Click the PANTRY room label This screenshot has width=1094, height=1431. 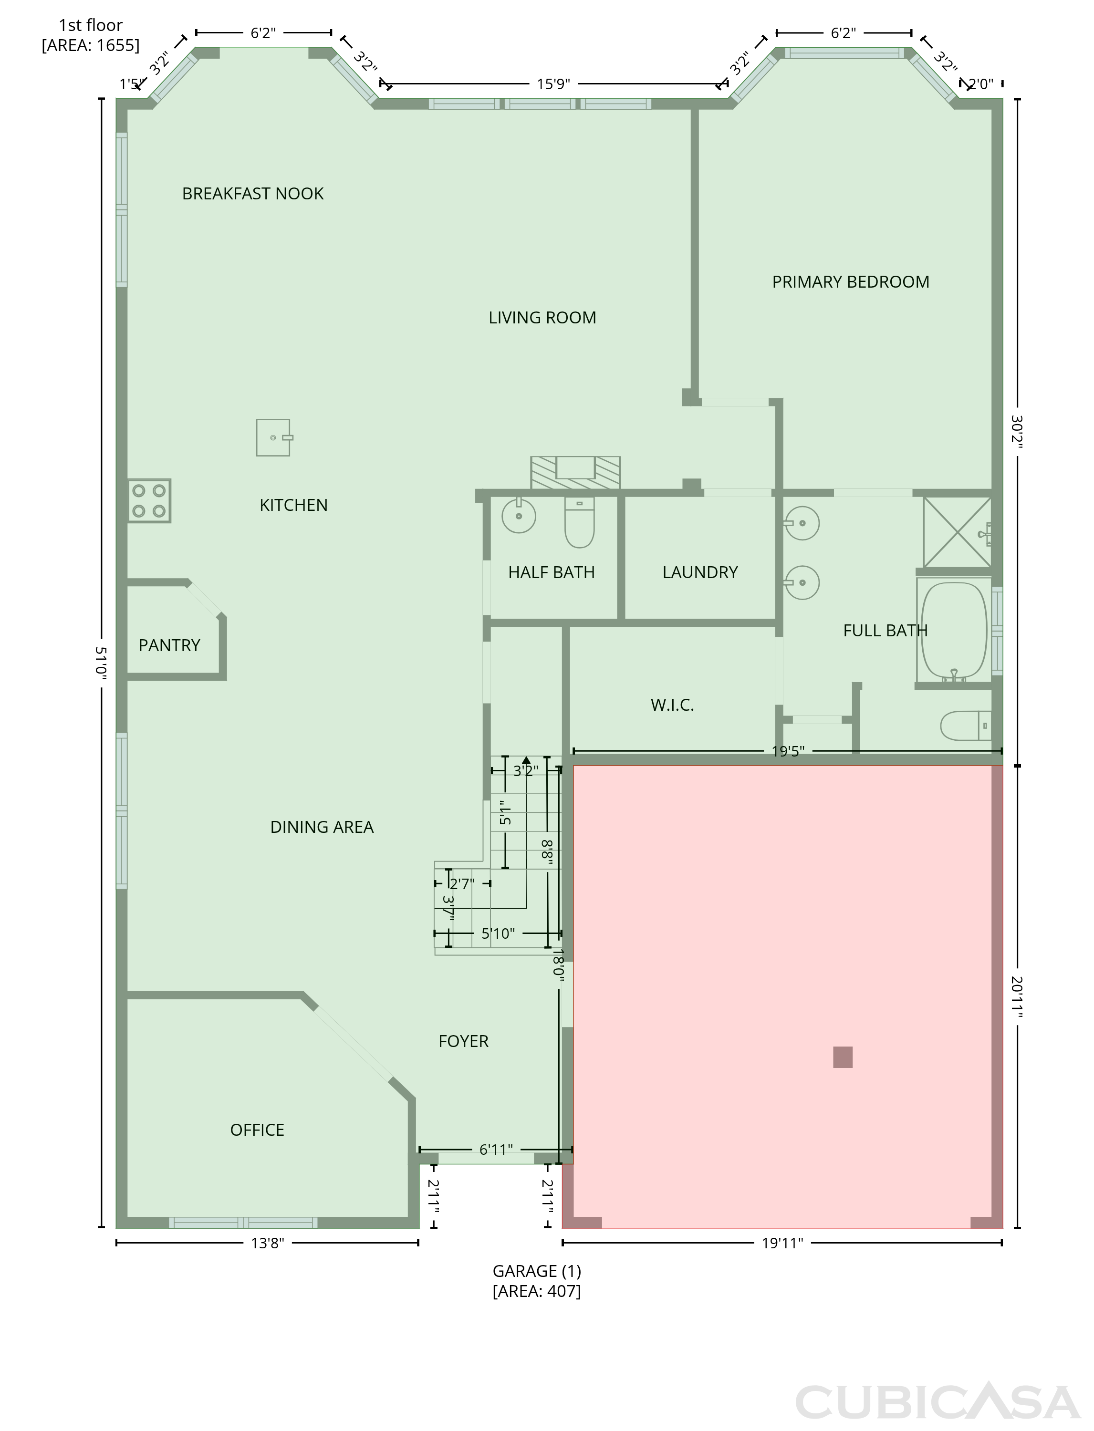[x=169, y=645]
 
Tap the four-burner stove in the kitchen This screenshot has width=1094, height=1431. [x=149, y=501]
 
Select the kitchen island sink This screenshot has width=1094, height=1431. [x=273, y=437]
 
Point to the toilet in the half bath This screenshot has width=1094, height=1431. [x=579, y=522]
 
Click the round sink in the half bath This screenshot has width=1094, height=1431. [x=519, y=516]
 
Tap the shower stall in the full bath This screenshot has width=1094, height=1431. [x=957, y=532]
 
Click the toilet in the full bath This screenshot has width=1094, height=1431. [x=966, y=725]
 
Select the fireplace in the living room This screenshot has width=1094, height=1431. [x=575, y=472]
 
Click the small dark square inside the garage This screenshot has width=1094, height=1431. [x=843, y=1057]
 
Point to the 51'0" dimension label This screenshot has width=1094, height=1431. [x=101, y=662]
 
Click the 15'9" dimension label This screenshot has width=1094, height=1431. [x=553, y=84]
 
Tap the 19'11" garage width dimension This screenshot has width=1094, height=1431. [x=782, y=1243]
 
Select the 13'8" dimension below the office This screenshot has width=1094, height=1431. [x=268, y=1243]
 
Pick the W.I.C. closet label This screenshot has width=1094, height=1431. [x=672, y=705]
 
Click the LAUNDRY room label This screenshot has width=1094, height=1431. [x=700, y=572]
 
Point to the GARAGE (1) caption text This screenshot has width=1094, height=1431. [x=537, y=1271]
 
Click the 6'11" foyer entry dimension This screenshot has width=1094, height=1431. [x=496, y=1150]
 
